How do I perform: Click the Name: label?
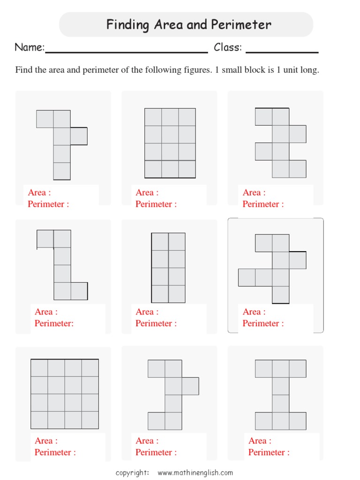30,47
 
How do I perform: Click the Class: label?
228,47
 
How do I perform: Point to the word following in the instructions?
161,70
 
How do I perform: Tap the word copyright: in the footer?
133,472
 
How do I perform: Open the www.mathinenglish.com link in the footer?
195,472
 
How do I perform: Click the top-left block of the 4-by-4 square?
39,368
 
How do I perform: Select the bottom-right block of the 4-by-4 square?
90,420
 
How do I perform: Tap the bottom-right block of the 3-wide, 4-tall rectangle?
187,169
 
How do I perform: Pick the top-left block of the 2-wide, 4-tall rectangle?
160,242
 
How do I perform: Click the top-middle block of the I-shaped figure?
281,368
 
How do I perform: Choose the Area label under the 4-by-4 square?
46,441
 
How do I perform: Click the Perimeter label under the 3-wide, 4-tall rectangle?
156,204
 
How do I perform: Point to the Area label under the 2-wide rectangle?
147,312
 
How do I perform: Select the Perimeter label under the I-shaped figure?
269,452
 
